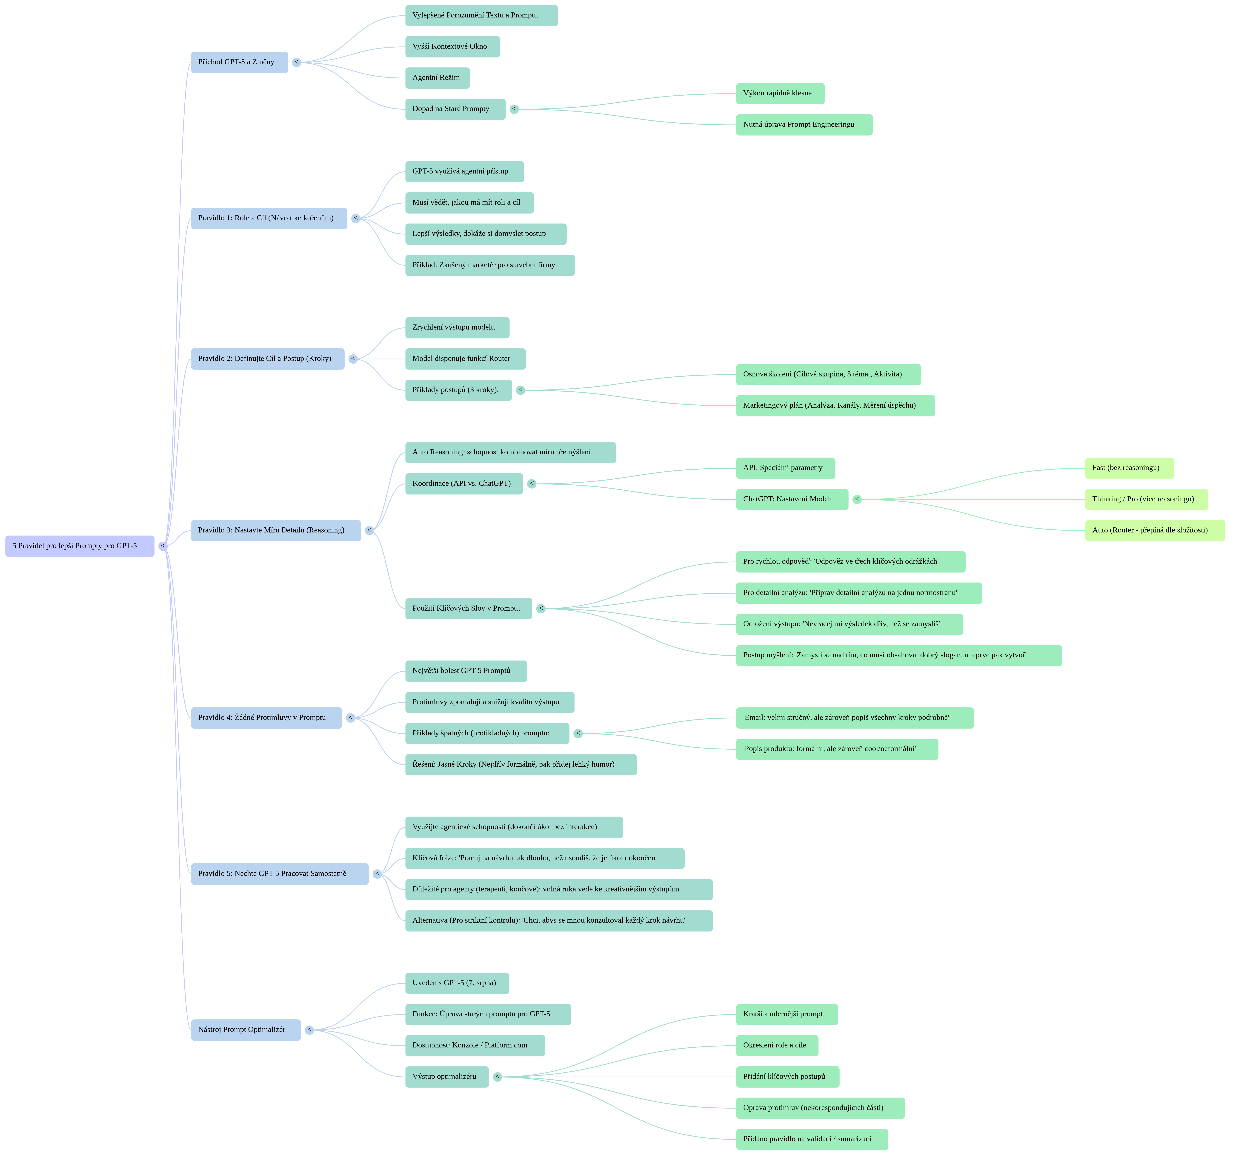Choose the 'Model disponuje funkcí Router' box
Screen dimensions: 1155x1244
tap(465, 359)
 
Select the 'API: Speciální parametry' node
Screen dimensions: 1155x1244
tap(785, 468)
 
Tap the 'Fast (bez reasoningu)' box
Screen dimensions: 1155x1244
tap(1129, 468)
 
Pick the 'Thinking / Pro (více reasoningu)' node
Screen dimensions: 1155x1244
tap(1146, 499)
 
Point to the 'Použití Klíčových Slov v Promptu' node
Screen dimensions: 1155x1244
tap(468, 609)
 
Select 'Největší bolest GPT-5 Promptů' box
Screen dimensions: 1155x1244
tap(466, 671)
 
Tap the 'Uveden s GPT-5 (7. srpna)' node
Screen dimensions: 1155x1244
tap(457, 983)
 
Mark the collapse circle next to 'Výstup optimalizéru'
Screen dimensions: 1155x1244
tap(497, 1077)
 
